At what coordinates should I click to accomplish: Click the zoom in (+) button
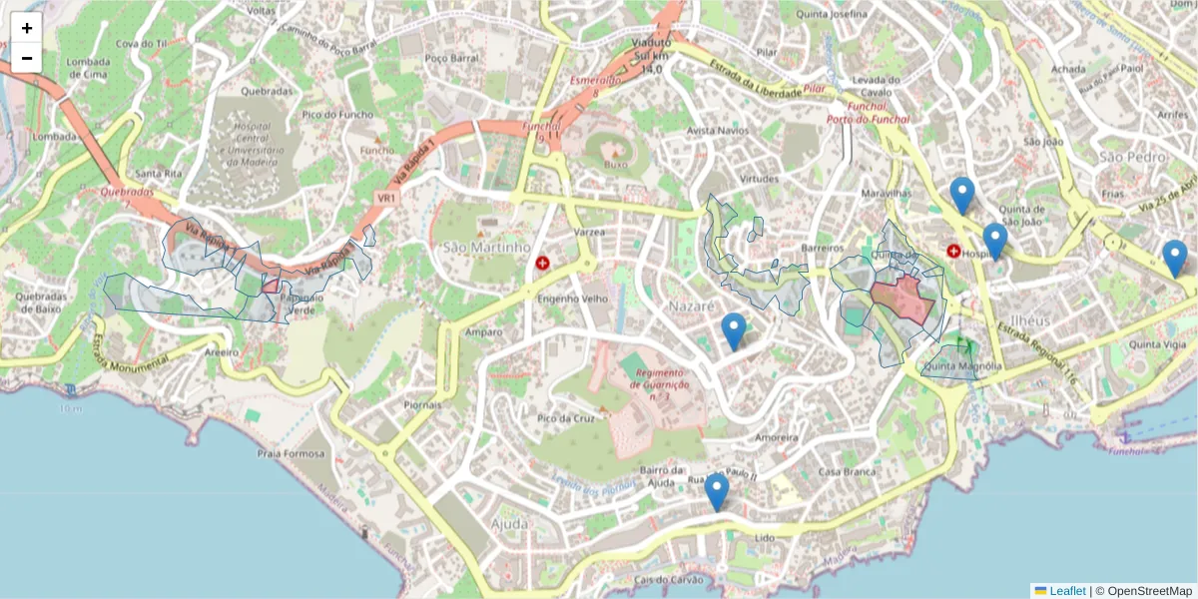pyautogui.click(x=27, y=28)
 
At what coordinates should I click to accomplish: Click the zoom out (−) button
pyautogui.click(x=27, y=58)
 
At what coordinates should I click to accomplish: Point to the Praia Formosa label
pyautogui.click(x=292, y=454)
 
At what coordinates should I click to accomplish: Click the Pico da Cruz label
pyautogui.click(x=566, y=418)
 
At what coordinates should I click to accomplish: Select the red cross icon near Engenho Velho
pyautogui.click(x=542, y=264)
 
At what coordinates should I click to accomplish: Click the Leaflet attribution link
pyautogui.click(x=1066, y=591)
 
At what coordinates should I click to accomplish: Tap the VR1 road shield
pyautogui.click(x=386, y=199)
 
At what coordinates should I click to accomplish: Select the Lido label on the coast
pyautogui.click(x=765, y=537)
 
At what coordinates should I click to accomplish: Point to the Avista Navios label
pyautogui.click(x=718, y=131)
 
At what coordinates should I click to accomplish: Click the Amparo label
pyautogui.click(x=484, y=331)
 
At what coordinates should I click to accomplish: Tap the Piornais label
pyautogui.click(x=423, y=405)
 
